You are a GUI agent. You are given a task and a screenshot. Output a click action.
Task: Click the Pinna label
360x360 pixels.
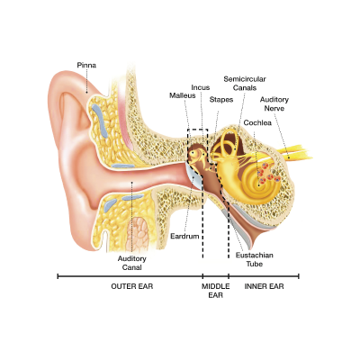coord(86,65)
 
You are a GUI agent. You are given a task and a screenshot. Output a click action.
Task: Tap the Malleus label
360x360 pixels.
coord(183,95)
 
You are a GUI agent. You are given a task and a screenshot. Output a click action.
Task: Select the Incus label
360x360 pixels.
coord(201,87)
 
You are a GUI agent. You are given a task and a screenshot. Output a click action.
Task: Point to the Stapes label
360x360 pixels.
coord(221,100)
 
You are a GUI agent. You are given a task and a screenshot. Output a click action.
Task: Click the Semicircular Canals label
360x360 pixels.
coord(245,84)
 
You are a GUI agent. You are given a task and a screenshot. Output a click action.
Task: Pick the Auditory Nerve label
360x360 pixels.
coord(274,103)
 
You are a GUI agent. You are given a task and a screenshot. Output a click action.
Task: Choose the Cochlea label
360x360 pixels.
coord(257,122)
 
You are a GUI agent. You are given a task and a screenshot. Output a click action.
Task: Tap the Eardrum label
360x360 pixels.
coord(184,237)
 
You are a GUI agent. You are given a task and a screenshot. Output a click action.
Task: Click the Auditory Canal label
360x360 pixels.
coord(132,263)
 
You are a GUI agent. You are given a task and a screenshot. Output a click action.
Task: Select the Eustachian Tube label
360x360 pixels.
coord(255,259)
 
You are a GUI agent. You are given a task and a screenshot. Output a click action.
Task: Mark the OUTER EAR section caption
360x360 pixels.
coord(132,286)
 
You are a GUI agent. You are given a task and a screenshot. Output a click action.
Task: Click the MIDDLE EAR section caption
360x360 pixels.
coord(215,291)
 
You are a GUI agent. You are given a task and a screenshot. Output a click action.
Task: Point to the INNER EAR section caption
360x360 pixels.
coord(264,286)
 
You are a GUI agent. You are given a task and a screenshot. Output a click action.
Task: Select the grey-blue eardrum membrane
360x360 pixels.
coord(193,176)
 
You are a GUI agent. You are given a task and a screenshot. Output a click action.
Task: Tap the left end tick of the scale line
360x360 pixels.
coord(58,276)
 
